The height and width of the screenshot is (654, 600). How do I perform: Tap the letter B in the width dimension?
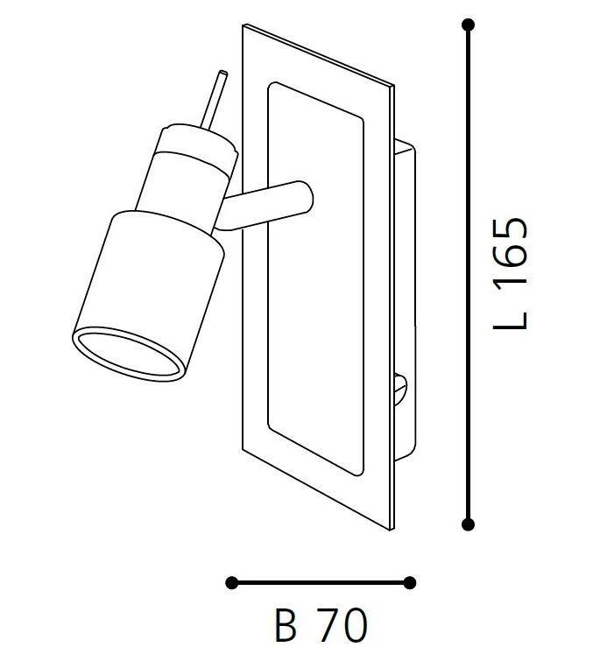pyautogui.click(x=286, y=625)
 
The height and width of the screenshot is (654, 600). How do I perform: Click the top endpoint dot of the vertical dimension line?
pyautogui.click(x=468, y=25)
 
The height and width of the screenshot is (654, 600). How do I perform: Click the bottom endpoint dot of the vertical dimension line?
pyautogui.click(x=468, y=524)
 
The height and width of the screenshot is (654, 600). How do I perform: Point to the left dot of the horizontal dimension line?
pyautogui.click(x=231, y=583)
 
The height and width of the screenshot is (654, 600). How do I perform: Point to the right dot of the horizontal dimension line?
pyautogui.click(x=410, y=583)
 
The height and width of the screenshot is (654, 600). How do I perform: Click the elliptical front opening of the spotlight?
pyautogui.click(x=129, y=354)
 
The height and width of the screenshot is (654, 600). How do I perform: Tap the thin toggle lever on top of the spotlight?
pyautogui.click(x=214, y=98)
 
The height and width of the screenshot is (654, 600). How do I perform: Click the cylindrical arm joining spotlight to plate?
pyautogui.click(x=263, y=205)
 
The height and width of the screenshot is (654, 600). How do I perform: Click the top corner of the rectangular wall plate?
pyautogui.click(x=244, y=25)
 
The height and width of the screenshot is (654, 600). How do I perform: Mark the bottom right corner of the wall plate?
pyautogui.click(x=392, y=531)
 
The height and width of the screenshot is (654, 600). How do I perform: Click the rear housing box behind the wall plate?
pyautogui.click(x=405, y=300)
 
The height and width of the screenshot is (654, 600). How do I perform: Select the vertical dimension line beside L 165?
pyautogui.click(x=468, y=274)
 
